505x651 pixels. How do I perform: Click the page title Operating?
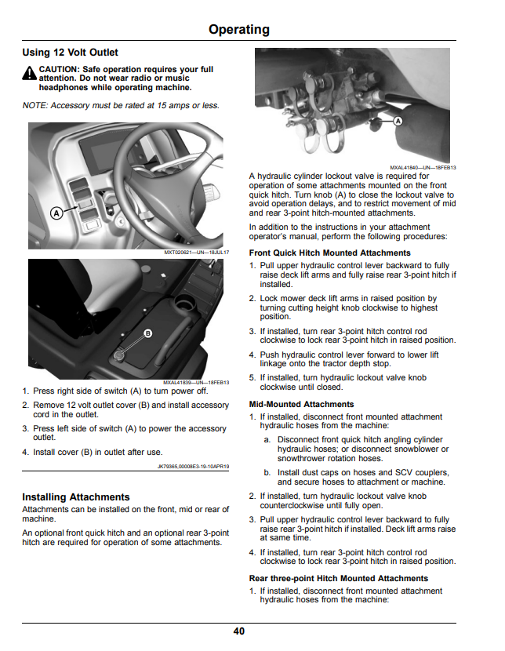click(x=239, y=30)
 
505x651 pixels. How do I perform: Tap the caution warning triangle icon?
click(x=30, y=73)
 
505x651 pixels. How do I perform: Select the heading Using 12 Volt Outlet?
click(x=70, y=53)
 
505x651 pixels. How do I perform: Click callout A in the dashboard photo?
click(x=56, y=213)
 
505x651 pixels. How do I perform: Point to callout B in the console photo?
click(x=147, y=333)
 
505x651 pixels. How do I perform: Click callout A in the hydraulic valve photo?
click(x=398, y=121)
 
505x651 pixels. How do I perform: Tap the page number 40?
click(x=239, y=631)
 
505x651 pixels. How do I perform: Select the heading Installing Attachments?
click(x=76, y=497)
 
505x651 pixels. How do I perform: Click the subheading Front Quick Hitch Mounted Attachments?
click(x=330, y=253)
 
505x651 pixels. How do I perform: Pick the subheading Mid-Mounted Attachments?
click(x=302, y=404)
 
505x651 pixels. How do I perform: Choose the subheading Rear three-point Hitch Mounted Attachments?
click(x=339, y=578)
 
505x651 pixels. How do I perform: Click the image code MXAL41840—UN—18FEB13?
click(x=423, y=168)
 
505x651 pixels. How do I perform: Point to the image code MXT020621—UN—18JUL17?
click(x=197, y=253)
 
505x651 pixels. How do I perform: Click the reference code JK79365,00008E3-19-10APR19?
click(x=194, y=466)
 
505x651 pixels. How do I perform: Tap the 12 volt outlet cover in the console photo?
click(x=119, y=355)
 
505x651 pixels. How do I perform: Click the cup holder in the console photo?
click(x=184, y=303)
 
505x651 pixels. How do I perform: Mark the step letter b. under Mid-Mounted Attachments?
click(x=267, y=472)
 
